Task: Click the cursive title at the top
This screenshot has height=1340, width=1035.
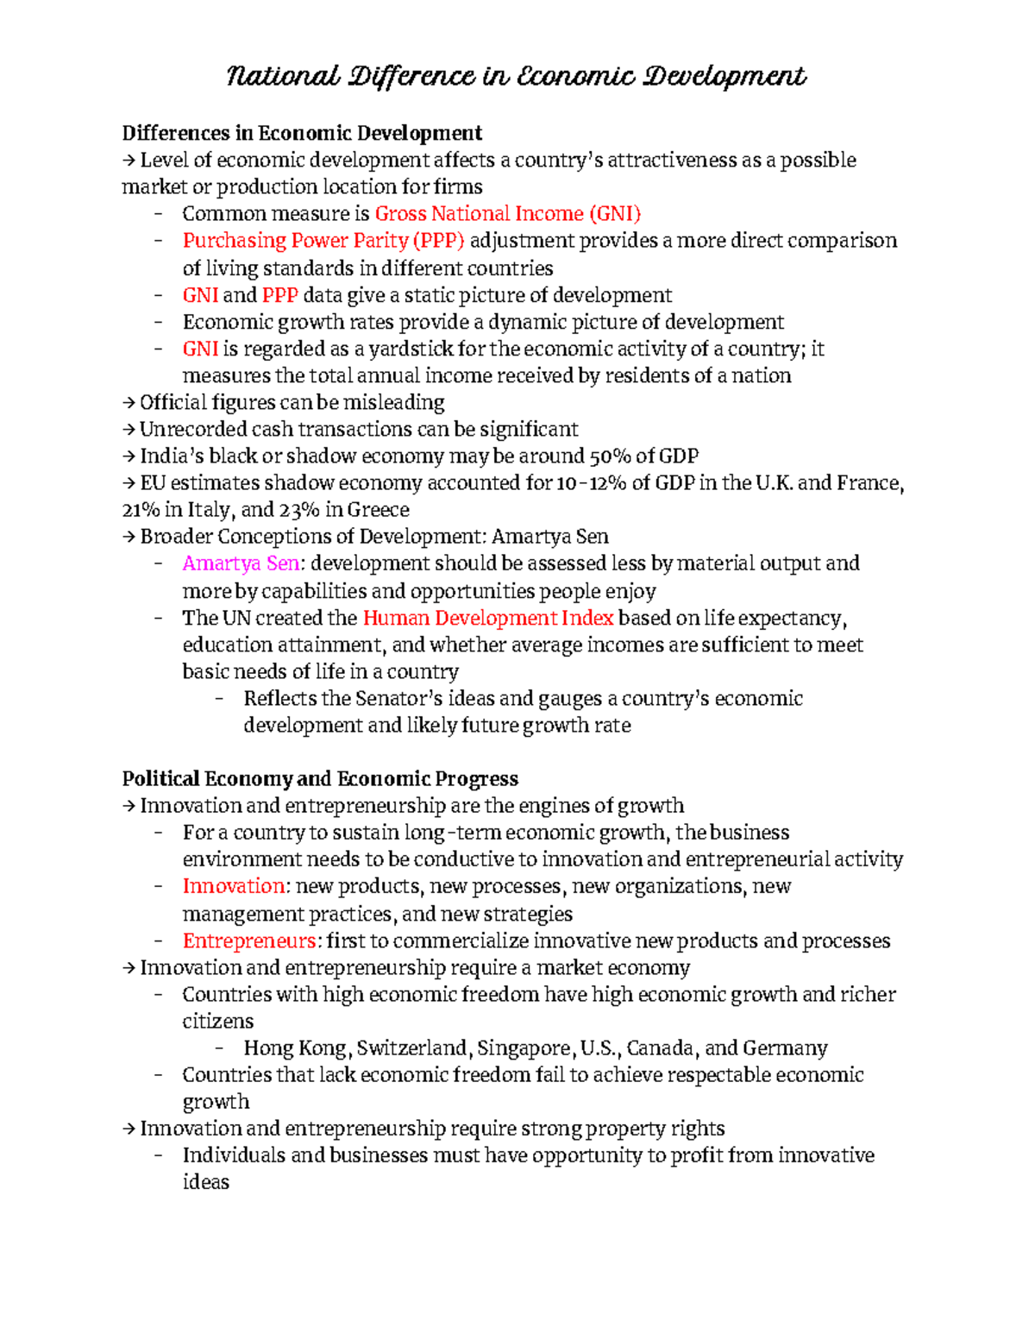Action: (516, 77)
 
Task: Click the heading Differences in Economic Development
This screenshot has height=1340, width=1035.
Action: (302, 133)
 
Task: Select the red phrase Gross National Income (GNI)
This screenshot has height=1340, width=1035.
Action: (508, 214)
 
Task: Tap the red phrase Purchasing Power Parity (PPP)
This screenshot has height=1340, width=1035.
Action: (323, 241)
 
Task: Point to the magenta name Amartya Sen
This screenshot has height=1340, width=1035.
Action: (241, 563)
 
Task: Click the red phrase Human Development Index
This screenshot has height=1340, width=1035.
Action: (488, 618)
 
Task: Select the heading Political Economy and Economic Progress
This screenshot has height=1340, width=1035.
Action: (320, 779)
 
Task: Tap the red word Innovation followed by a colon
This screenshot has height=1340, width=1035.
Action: (234, 886)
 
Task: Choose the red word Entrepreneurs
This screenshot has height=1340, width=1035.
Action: (249, 941)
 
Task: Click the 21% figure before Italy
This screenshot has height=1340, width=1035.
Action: (141, 510)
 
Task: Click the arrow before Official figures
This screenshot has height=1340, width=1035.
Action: (129, 403)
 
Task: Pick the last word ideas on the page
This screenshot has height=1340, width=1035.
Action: (205, 1182)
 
